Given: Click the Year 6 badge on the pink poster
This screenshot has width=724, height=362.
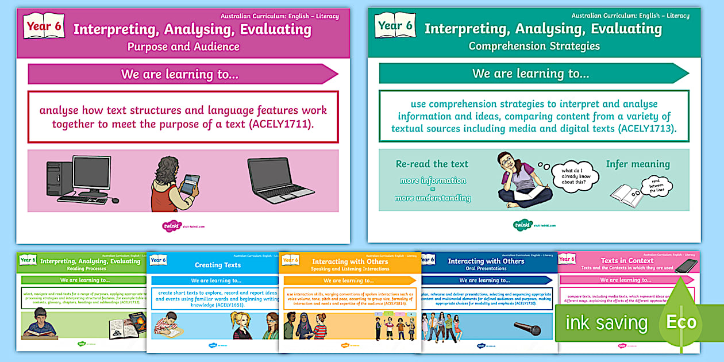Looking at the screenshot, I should [44, 26].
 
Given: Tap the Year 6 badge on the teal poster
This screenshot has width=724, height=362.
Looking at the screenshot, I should [395, 26].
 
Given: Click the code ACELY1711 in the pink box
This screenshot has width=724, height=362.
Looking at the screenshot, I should [279, 124].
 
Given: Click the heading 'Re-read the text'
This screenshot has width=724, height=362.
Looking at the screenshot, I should [432, 164].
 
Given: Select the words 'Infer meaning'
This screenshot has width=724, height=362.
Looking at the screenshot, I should [638, 164].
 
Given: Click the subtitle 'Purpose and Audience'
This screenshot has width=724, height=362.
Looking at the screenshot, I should [183, 47].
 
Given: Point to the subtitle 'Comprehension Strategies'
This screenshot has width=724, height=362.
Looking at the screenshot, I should [534, 46].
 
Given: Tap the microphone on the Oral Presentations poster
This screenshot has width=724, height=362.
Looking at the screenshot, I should [529, 329].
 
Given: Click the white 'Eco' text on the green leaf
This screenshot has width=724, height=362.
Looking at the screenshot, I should [681, 322].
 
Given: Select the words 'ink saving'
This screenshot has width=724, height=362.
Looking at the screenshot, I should [606, 323].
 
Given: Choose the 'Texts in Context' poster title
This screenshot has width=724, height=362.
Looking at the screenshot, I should [627, 260].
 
